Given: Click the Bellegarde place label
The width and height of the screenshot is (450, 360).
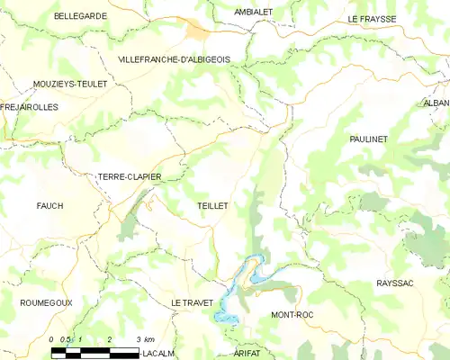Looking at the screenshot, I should (x=80, y=16).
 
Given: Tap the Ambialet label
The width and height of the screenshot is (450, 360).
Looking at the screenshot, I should (x=254, y=12).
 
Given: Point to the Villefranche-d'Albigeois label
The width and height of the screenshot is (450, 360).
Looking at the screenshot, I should (x=174, y=58).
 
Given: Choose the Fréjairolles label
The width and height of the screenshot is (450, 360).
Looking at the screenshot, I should (x=30, y=106).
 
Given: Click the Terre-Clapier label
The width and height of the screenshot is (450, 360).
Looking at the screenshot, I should (x=130, y=177).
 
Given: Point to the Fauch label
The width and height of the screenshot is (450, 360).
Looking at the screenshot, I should (x=49, y=206).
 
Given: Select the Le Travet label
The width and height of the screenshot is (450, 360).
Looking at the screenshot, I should (x=195, y=303).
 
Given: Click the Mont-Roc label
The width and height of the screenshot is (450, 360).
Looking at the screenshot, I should (x=292, y=315).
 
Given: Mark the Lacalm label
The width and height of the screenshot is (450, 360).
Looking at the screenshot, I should (x=158, y=354).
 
